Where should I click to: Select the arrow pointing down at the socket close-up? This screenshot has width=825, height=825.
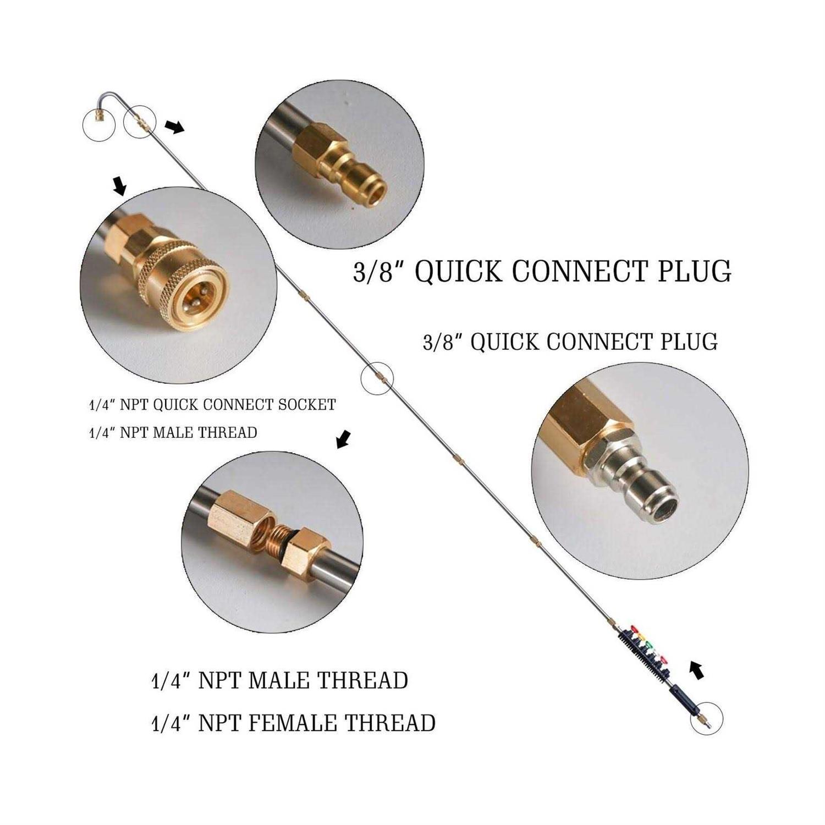tap(119, 186)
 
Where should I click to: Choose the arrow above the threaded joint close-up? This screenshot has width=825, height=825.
tap(343, 439)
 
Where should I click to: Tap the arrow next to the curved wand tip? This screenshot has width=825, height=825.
tap(174, 127)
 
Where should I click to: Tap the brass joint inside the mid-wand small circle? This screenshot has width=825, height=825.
tap(377, 378)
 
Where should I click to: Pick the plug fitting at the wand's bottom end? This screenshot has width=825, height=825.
tap(703, 720)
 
